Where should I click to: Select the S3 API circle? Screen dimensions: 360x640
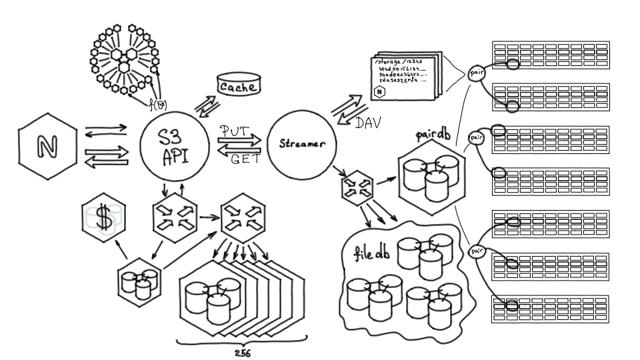point(175,147)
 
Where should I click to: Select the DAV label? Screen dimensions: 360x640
point(367,123)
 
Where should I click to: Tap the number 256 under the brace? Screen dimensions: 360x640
point(243,353)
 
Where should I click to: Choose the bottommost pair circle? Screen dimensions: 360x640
point(477,251)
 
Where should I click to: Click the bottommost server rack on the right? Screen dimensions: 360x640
point(551,310)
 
